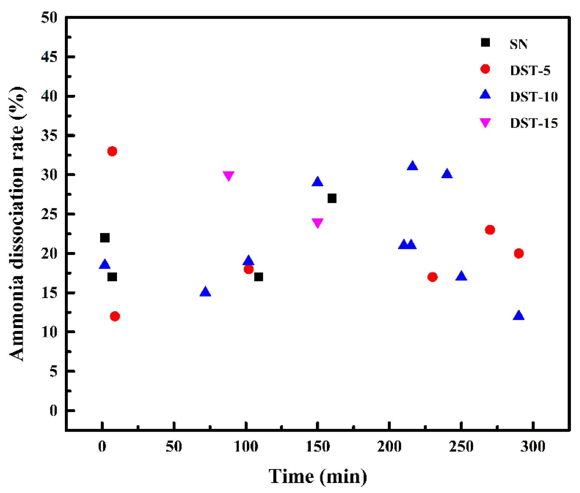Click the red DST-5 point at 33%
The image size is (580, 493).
pyautogui.click(x=112, y=151)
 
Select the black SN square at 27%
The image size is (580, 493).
pyautogui.click(x=332, y=198)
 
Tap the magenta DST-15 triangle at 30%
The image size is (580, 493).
pyautogui.click(x=228, y=175)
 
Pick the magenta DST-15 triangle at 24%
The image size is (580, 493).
pyautogui.click(x=317, y=222)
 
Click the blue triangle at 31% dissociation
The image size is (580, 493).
pyautogui.click(x=412, y=166)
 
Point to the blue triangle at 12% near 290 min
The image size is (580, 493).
pyautogui.click(x=518, y=316)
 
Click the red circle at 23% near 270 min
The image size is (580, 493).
pyautogui.click(x=490, y=230)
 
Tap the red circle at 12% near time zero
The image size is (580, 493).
pyautogui.click(x=115, y=316)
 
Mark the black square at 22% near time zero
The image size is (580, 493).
pyautogui.click(x=105, y=238)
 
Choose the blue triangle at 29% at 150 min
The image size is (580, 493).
pyautogui.click(x=317, y=182)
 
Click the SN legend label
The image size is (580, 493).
pyautogui.click(x=518, y=44)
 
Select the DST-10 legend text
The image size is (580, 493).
pyautogui.click(x=534, y=97)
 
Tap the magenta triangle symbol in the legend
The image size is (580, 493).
pyautogui.click(x=485, y=122)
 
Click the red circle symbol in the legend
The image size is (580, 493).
pyautogui.click(x=485, y=69)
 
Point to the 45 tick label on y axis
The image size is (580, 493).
pyautogui.click(x=49, y=57)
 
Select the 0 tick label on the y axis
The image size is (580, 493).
pyautogui.click(x=53, y=411)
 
